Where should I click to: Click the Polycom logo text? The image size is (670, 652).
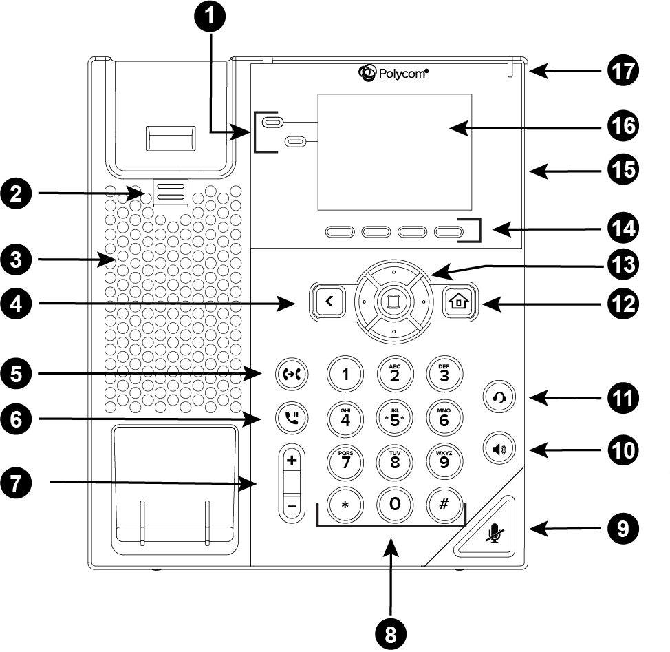click(403, 74)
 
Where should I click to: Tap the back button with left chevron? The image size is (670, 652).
click(329, 302)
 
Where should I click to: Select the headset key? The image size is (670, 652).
click(499, 397)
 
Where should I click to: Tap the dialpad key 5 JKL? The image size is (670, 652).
click(395, 419)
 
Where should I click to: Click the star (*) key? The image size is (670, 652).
click(345, 505)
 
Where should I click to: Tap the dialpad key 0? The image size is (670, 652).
click(395, 505)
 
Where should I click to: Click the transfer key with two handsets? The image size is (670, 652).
click(292, 375)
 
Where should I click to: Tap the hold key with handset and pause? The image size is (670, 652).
click(292, 418)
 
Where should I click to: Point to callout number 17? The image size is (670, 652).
click(623, 71)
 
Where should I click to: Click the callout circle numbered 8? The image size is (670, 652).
click(391, 634)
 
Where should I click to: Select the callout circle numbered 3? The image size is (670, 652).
click(16, 260)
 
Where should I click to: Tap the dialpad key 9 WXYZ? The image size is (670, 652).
click(444, 462)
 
